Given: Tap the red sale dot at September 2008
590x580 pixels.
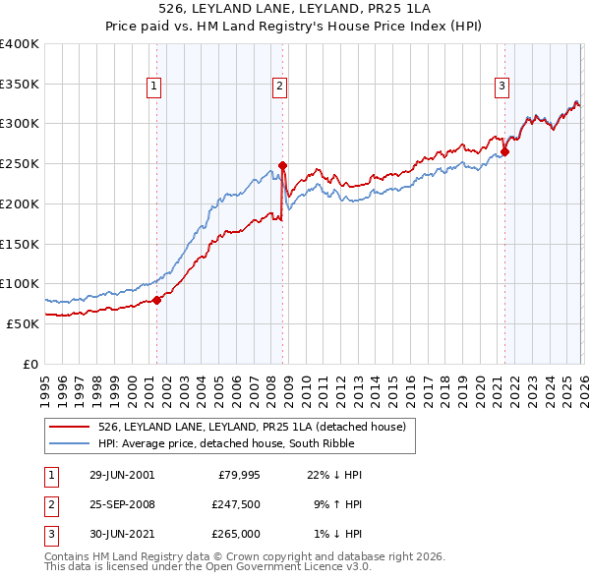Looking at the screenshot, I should [x=282, y=165].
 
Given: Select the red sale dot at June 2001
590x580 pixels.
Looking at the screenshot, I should [x=156, y=300].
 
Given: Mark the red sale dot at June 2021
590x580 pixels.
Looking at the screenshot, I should [x=504, y=151].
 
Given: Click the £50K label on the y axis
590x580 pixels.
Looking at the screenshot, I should [x=23, y=323].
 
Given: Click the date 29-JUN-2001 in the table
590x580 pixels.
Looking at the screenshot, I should [x=121, y=475].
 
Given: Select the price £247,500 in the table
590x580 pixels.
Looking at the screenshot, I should [x=236, y=504].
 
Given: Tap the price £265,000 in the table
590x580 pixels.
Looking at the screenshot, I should [x=236, y=534].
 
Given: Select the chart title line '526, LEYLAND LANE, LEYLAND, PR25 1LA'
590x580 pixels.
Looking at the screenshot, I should [x=294, y=7].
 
